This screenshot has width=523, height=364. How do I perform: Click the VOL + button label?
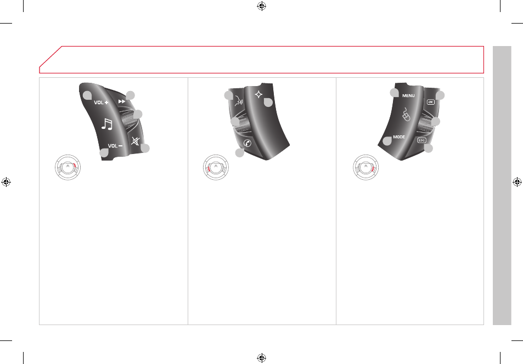pos(101,103)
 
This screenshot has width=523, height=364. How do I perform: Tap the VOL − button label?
pos(115,146)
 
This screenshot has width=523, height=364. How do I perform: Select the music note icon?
pos(107,124)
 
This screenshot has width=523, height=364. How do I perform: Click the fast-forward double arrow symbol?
pos(122,101)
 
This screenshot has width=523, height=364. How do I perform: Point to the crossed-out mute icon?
pos(135,141)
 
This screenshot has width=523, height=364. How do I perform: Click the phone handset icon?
pos(247,143)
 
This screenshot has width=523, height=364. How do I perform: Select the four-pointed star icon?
pos(258,95)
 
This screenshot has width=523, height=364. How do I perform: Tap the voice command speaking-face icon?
pos(239,100)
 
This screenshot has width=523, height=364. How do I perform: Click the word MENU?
pos(408,96)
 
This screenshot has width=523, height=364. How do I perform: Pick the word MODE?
pos(399,137)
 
